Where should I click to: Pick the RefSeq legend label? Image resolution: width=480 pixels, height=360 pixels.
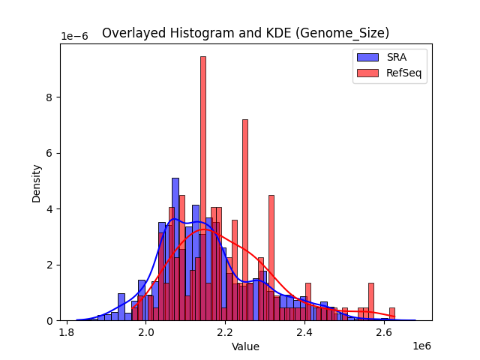pyautogui.click(x=402, y=73)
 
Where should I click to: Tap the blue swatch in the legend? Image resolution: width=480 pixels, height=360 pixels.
pyautogui.click(x=367, y=57)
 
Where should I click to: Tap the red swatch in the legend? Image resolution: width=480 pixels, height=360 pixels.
pyautogui.click(x=367, y=73)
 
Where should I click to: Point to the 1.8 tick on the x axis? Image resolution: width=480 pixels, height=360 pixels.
pyautogui.click(x=67, y=332)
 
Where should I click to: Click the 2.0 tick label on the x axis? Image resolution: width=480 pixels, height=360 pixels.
pyautogui.click(x=146, y=332)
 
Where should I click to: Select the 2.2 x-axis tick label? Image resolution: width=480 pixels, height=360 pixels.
pyautogui.click(x=226, y=332)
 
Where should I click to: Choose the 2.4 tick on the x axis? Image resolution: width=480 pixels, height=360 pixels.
pyautogui.click(x=304, y=332)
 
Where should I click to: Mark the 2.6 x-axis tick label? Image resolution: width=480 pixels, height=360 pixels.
pyautogui.click(x=384, y=332)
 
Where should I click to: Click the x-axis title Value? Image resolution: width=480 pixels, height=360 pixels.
pyautogui.click(x=245, y=346)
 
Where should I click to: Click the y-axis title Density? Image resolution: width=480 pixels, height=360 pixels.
pyautogui.click(x=36, y=182)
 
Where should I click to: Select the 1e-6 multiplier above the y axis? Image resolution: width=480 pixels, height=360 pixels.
pyautogui.click(x=74, y=37)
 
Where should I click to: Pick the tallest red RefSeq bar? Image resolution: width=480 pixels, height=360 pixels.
pyautogui.click(x=202, y=187)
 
